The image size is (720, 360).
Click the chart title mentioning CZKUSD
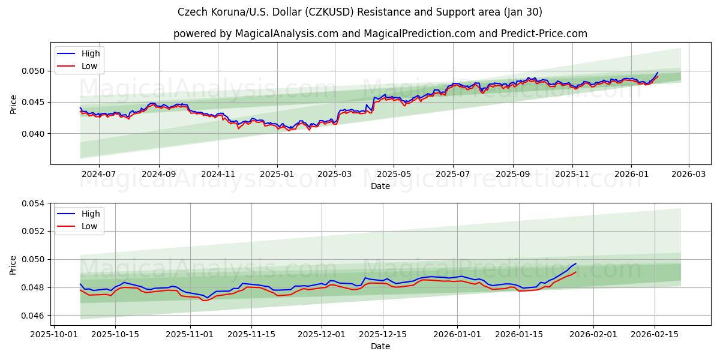point(359,12)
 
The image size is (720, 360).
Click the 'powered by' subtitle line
point(380,34)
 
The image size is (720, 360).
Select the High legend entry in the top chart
point(91,53)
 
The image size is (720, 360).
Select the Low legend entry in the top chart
point(89,67)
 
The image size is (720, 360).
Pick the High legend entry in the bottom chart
point(91,214)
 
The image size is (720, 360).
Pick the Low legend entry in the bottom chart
point(89,227)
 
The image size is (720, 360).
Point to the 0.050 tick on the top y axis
point(34,71)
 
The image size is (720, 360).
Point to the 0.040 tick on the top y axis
point(34,134)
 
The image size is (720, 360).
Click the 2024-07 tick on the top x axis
point(98,174)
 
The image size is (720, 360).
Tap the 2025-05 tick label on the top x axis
point(394,174)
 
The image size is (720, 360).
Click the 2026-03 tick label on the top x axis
point(688,174)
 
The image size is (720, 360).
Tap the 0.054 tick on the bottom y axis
point(34,203)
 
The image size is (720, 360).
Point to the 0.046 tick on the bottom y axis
point(34,316)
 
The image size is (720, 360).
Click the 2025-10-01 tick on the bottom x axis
point(55,334)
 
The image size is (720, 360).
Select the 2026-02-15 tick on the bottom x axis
point(655,334)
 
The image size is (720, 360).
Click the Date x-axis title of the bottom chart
point(380,346)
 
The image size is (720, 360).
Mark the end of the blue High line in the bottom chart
point(576,263)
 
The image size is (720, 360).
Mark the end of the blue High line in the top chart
point(658,73)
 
